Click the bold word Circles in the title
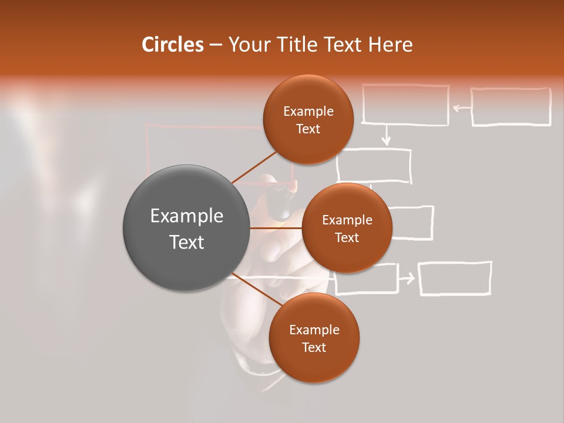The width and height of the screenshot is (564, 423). [172, 45]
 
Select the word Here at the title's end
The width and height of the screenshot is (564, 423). [390, 45]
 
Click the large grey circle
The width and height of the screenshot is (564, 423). [186, 228]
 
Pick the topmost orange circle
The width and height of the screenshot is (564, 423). [308, 119]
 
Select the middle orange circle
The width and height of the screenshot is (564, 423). [347, 228]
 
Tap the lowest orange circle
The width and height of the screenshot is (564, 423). [314, 338]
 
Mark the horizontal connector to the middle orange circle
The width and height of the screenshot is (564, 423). [276, 228]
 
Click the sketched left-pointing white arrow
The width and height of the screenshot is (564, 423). [462, 108]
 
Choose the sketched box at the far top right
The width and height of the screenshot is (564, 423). [511, 107]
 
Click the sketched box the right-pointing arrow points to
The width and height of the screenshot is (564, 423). [455, 278]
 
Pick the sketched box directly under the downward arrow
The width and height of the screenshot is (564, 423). [374, 165]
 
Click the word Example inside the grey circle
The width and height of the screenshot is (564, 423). [186, 216]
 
